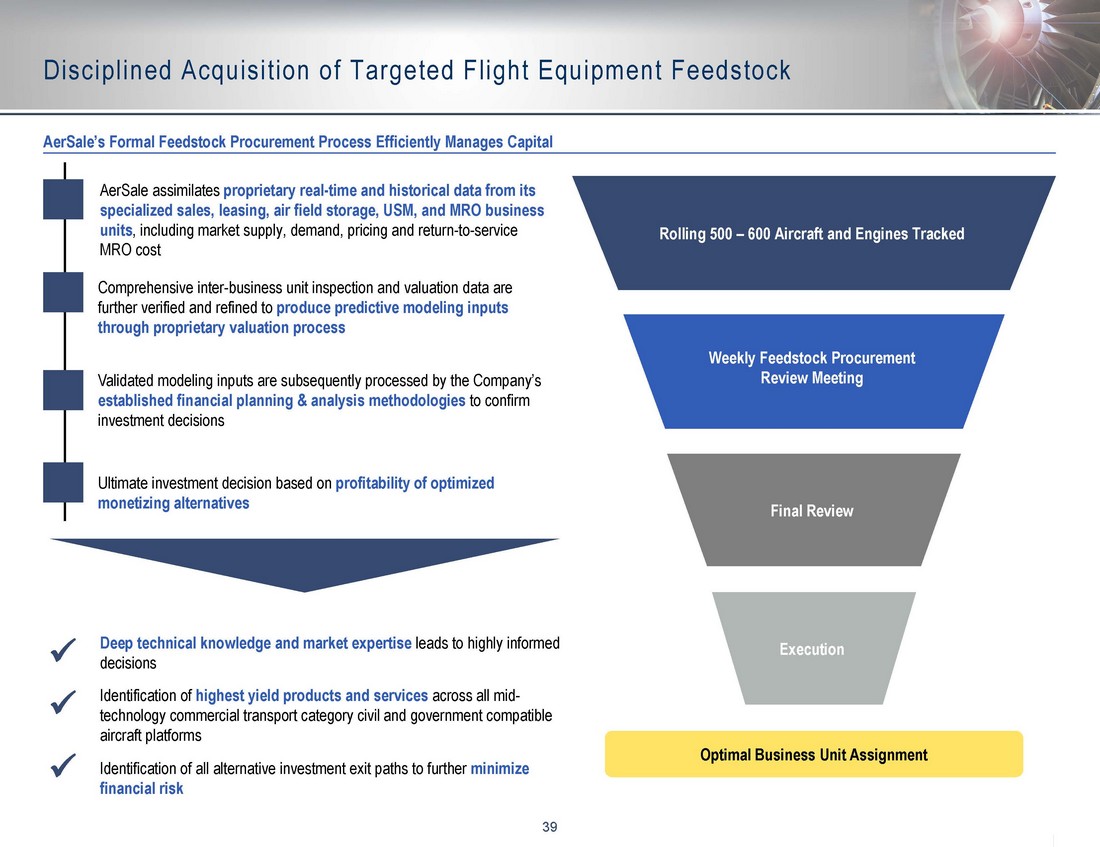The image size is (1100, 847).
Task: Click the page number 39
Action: pyautogui.click(x=549, y=827)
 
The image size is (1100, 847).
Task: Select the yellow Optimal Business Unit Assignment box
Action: pyautogui.click(x=814, y=754)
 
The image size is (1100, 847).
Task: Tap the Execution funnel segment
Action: pyautogui.click(x=813, y=648)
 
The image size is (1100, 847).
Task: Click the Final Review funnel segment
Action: pyautogui.click(x=813, y=510)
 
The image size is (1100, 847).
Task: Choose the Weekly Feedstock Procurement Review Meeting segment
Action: pyautogui.click(x=813, y=371)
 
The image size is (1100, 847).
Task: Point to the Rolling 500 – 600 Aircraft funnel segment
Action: pyautogui.click(x=813, y=233)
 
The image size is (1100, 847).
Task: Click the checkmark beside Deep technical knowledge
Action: pyautogui.click(x=63, y=650)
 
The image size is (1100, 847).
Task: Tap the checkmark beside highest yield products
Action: pyautogui.click(x=63, y=701)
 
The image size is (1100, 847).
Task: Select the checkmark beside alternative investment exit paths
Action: pyautogui.click(x=63, y=765)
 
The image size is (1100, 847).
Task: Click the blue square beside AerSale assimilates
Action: pyautogui.click(x=63, y=199)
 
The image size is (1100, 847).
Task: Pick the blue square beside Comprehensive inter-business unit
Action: pyautogui.click(x=63, y=292)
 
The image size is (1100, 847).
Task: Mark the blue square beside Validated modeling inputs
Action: pyautogui.click(x=63, y=390)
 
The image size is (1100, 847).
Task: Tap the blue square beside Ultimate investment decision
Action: pyautogui.click(x=63, y=482)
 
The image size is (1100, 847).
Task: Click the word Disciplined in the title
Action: pyautogui.click(x=107, y=70)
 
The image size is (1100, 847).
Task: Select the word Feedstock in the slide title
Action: pyautogui.click(x=731, y=70)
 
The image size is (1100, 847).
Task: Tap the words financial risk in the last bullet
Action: pyautogui.click(x=141, y=788)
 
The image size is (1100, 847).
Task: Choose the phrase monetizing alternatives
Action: pyautogui.click(x=173, y=503)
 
